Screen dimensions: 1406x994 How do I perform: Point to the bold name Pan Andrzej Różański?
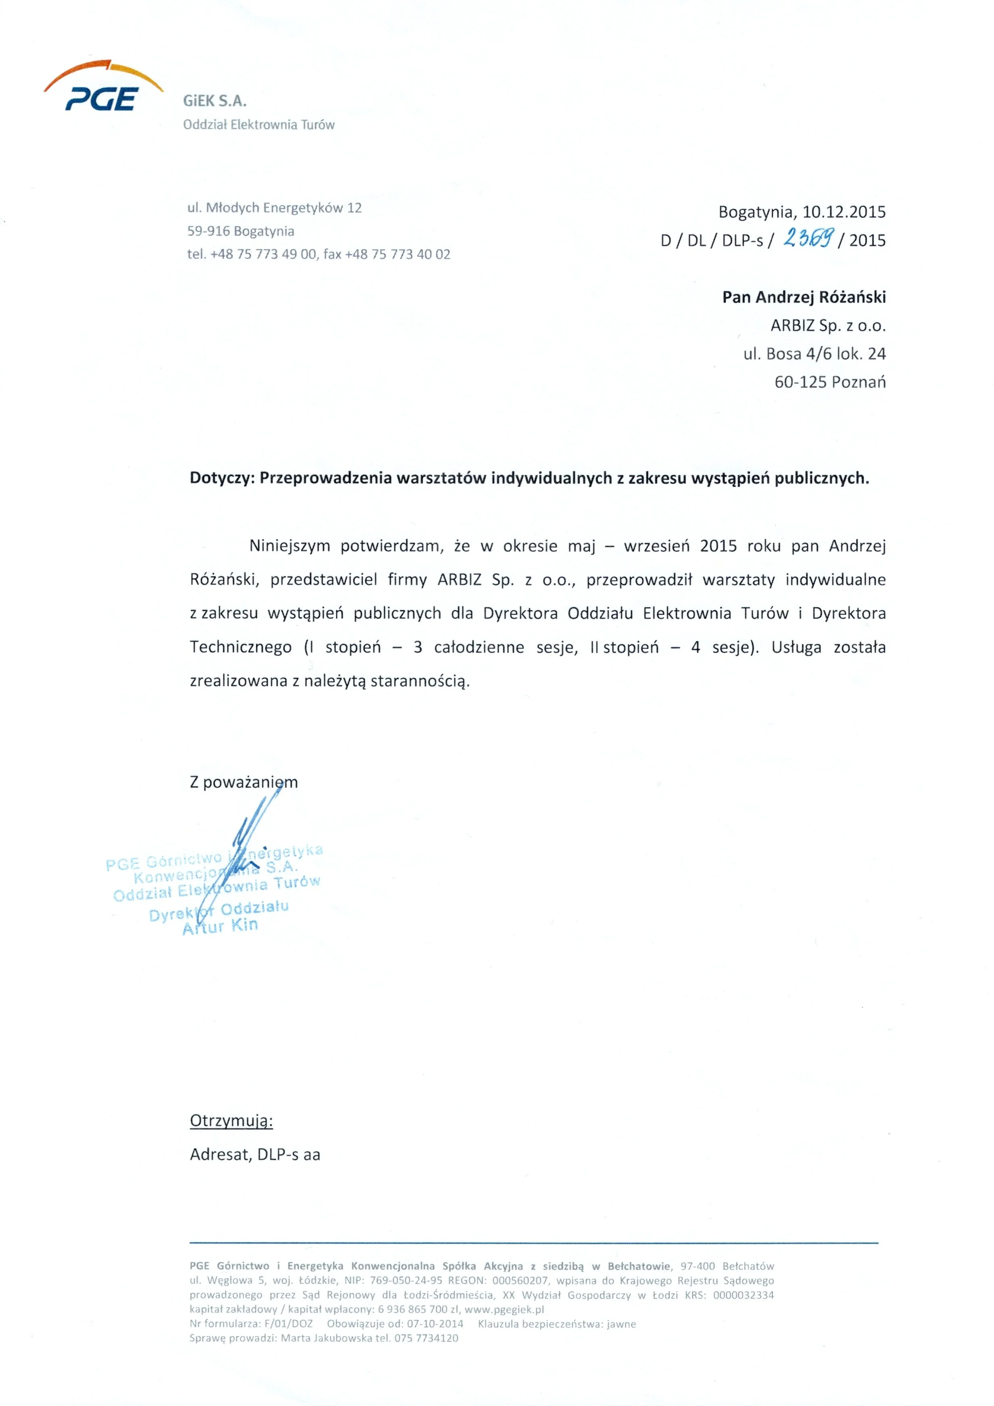point(804,298)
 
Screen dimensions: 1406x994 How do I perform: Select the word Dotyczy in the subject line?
point(221,478)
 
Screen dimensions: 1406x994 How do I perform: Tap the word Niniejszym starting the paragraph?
point(289,546)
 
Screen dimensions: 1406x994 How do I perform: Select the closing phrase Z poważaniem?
point(244,782)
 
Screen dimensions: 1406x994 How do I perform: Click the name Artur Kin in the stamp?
point(221,926)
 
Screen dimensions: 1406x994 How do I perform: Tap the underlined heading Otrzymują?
point(231,1120)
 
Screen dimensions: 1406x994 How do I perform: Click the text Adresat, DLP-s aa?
point(255,1154)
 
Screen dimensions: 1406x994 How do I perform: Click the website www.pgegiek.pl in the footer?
point(504,1309)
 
